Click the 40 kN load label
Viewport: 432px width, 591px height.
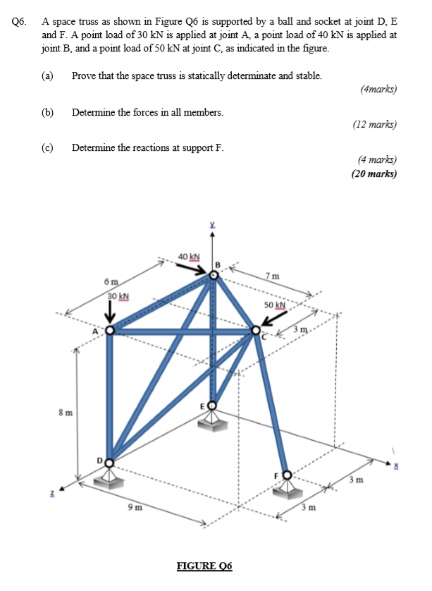coord(189,256)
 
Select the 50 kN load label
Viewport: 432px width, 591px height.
coord(273,305)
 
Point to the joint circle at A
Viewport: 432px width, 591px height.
coord(110,329)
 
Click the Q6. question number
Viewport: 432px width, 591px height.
coord(20,22)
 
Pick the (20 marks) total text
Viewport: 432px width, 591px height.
coord(374,174)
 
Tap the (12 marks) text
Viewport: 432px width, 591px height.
coord(375,125)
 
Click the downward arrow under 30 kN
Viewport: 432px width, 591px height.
coord(111,310)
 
